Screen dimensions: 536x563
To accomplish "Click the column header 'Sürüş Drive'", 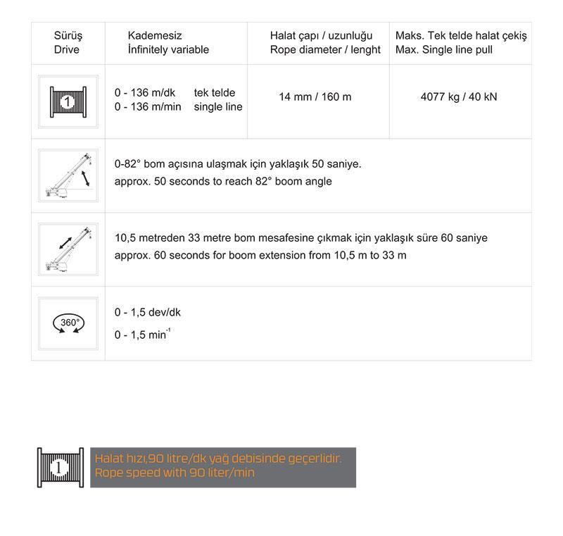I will click(x=68, y=43).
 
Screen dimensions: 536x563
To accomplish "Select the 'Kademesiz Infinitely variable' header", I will click(x=168, y=43).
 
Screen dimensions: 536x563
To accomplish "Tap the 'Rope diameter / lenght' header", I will click(x=325, y=50).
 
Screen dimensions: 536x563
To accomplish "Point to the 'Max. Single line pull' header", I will click(x=444, y=50).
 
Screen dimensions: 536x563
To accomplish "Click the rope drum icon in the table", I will click(x=68, y=102).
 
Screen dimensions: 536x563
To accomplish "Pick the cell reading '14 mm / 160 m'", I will click(x=315, y=96).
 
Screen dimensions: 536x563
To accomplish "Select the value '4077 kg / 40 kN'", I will click(x=459, y=96).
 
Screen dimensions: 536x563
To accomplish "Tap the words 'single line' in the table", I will click(x=218, y=107).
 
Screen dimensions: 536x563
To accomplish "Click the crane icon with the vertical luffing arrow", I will click(x=68, y=175).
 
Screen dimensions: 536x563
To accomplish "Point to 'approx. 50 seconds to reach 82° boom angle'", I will click(x=223, y=181).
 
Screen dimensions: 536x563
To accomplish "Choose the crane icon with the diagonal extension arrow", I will click(x=68, y=249).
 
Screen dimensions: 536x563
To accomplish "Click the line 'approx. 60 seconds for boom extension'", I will click(x=260, y=255).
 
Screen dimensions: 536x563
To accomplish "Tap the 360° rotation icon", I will click(x=68, y=323).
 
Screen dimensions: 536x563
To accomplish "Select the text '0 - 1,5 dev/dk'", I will click(x=148, y=313).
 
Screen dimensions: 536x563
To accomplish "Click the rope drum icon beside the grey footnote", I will click(x=61, y=467).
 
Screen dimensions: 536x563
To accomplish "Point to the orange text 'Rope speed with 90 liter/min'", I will click(x=175, y=473).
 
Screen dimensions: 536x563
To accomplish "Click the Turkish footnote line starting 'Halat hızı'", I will click(x=218, y=459).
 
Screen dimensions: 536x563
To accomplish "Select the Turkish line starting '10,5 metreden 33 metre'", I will click(x=301, y=238).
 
